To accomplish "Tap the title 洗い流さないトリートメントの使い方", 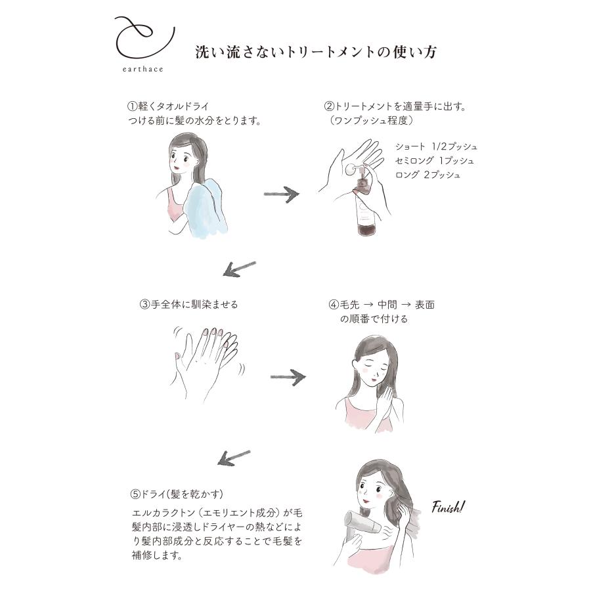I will tap(316, 53).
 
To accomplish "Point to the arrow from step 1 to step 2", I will tap(281, 194).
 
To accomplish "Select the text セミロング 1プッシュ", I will tap(434, 160).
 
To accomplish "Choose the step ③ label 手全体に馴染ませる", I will tap(188, 305).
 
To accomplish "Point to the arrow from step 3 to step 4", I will tap(288, 377).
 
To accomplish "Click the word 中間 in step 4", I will tap(388, 305).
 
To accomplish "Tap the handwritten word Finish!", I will tap(449, 506).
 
